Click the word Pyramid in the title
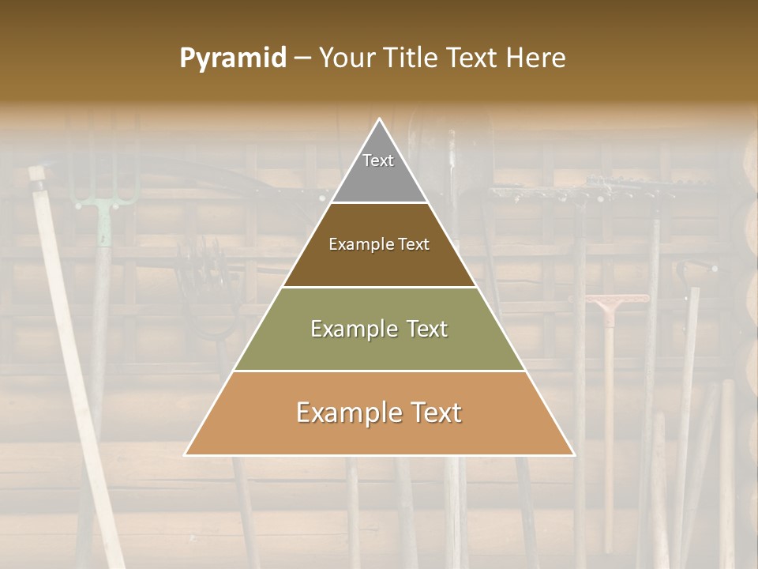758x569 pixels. (233, 58)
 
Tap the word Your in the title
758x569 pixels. (344, 58)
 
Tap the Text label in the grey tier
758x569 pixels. (378, 160)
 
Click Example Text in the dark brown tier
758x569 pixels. (379, 244)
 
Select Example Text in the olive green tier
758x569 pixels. (379, 329)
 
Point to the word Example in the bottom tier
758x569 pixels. (342, 413)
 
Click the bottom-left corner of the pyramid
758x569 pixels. (185, 455)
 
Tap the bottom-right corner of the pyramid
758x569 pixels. (574, 455)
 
